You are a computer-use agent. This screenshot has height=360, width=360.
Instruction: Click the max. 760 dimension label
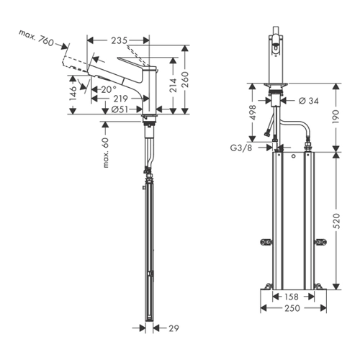(x=37, y=38)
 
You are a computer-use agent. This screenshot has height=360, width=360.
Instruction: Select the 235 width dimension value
(x=119, y=40)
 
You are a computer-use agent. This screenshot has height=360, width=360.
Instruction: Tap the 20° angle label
(x=109, y=90)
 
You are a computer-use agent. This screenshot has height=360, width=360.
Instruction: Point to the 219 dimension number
(x=120, y=99)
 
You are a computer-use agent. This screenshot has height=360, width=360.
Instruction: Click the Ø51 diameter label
(x=120, y=109)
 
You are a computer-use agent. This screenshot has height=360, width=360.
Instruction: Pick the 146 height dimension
(x=73, y=94)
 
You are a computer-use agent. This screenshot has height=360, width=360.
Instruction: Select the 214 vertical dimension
(x=173, y=85)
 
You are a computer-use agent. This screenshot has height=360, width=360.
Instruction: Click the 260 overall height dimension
(x=185, y=80)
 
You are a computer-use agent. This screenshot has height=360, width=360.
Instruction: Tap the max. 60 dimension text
(x=105, y=153)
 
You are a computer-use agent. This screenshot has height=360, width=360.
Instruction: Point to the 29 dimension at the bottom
(x=174, y=328)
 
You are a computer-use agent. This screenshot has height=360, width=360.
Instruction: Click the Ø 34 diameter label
(x=309, y=101)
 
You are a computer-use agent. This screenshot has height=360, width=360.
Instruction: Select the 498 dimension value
(x=253, y=112)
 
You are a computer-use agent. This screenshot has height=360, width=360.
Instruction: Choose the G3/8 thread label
(x=241, y=148)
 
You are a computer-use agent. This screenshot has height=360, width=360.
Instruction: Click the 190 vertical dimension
(x=336, y=117)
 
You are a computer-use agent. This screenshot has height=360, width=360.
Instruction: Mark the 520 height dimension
(x=336, y=221)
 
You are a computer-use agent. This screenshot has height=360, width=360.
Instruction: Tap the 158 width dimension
(x=292, y=297)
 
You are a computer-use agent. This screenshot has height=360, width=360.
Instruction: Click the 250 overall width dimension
(x=292, y=308)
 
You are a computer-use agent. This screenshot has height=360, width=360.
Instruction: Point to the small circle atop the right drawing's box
(x=293, y=156)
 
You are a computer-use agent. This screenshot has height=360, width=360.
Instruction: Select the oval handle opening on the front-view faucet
(x=276, y=49)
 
